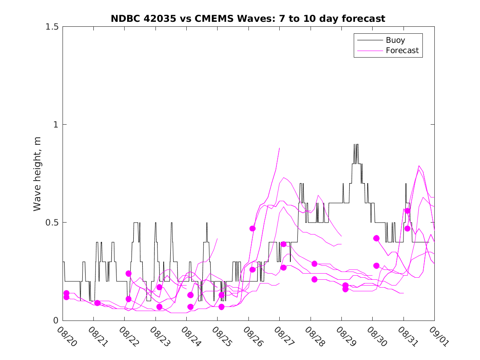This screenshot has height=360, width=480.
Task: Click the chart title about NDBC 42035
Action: tap(248, 19)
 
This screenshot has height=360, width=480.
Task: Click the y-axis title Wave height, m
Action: tap(37, 174)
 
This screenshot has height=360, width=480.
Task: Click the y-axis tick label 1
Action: tap(56, 125)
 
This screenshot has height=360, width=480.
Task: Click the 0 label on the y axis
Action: tap(56, 321)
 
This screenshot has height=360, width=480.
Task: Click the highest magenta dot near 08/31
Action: tap(407, 211)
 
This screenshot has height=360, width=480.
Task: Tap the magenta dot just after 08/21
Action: tap(97, 303)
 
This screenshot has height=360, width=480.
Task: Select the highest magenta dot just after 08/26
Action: tap(253, 228)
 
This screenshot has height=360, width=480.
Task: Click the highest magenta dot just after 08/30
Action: tap(376, 238)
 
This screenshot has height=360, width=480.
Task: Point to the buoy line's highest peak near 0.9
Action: tap(355, 144)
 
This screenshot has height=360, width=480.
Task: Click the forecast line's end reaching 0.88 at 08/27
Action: tap(279, 148)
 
